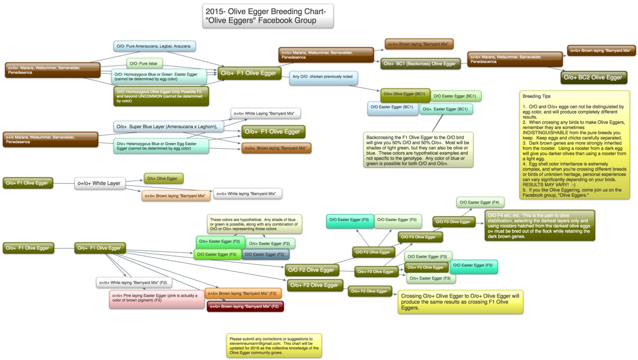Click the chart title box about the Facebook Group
coord(268,16)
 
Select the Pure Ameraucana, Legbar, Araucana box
coord(154,46)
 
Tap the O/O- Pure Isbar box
coord(144,64)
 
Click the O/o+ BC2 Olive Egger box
coord(593,77)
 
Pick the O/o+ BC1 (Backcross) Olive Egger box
coord(420,64)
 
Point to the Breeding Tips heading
coord(536,96)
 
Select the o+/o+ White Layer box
coord(99,183)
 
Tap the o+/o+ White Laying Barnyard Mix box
coord(265,113)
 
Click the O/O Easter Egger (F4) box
coord(479,202)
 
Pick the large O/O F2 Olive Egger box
coord(311,270)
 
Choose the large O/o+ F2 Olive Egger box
coord(314,285)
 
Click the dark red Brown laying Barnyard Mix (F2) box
coord(245,306)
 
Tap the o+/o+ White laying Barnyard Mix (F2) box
coord(134,283)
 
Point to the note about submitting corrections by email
coord(273,346)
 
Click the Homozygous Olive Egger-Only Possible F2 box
coord(161,96)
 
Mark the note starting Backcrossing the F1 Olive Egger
coord(418,150)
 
